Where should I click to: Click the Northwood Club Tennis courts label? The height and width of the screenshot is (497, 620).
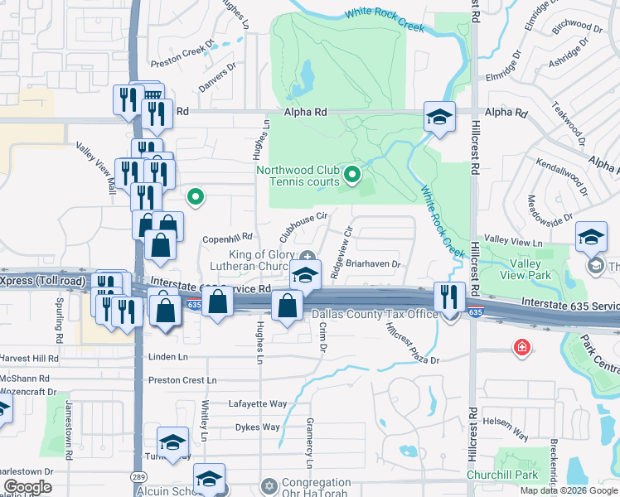click(298, 176)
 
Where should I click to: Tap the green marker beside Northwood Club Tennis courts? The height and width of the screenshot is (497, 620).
click(352, 174)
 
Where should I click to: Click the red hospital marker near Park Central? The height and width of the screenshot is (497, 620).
click(522, 346)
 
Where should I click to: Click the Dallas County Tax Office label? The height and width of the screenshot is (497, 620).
click(375, 314)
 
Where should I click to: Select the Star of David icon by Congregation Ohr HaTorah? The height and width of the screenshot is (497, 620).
click(268, 485)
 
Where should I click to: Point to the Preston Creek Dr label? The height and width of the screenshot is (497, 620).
click(183, 48)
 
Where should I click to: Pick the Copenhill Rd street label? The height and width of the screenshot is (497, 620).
click(227, 238)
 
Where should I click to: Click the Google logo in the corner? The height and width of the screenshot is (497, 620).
click(27, 487)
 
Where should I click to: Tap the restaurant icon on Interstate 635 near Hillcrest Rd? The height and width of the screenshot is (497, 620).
click(449, 297)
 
